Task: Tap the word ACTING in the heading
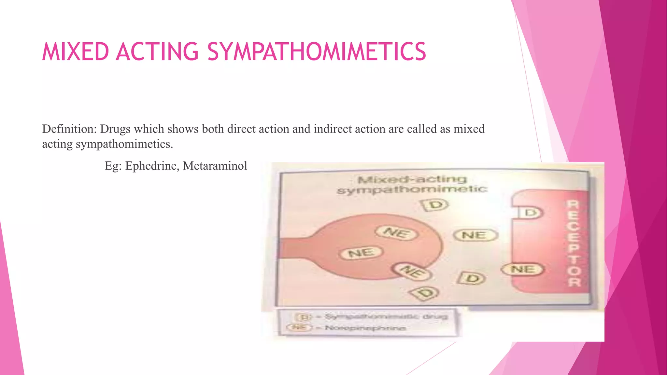(x=157, y=52)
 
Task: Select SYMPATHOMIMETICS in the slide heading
(x=317, y=52)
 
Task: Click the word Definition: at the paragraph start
(x=70, y=129)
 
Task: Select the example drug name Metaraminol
(x=215, y=166)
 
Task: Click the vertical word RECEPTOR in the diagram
(x=574, y=243)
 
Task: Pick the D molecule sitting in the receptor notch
(x=531, y=213)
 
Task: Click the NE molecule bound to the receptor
(x=523, y=270)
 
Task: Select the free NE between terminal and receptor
(x=475, y=235)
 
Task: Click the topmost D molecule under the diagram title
(x=435, y=205)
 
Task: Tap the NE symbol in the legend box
(x=299, y=327)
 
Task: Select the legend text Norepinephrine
(x=365, y=328)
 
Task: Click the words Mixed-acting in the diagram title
(x=412, y=179)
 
